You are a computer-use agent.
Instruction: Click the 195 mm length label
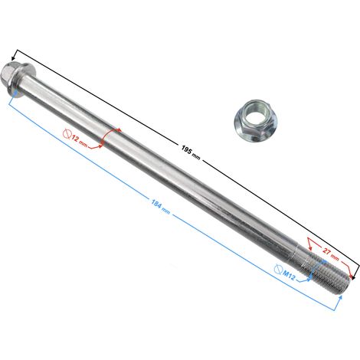coord(191,152)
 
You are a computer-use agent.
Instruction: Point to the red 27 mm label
coord(331,254)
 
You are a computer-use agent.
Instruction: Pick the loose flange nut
coord(256,121)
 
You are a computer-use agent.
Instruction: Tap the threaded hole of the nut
coord(256,113)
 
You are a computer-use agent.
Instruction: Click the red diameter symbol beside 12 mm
coord(67,133)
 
